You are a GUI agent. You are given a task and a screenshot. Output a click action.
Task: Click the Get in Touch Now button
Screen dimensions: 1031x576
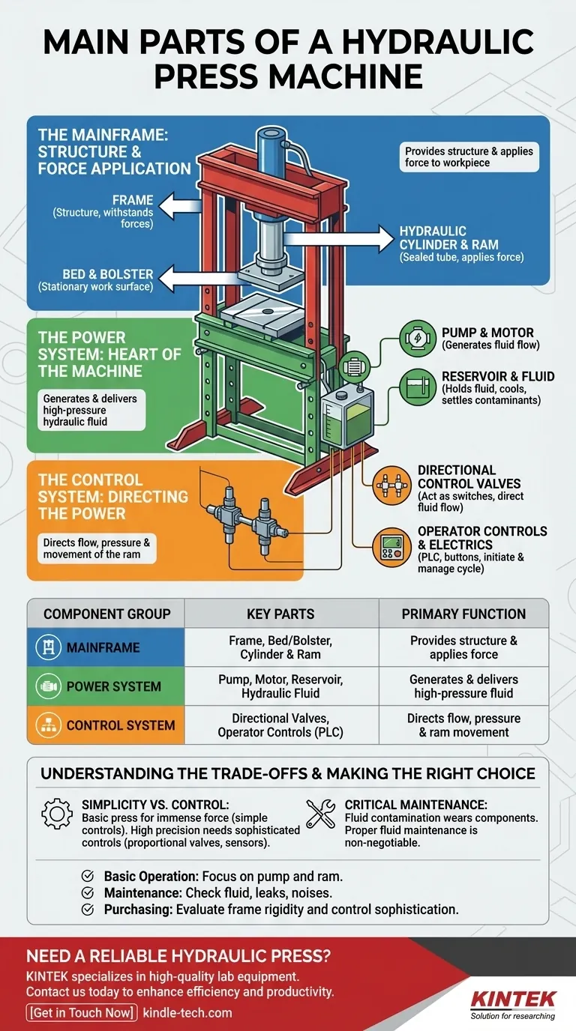tap(82, 1013)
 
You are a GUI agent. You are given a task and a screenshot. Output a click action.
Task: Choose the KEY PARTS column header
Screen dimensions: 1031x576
tap(280, 614)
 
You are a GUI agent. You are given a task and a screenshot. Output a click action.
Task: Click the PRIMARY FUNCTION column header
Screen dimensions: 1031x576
tap(463, 614)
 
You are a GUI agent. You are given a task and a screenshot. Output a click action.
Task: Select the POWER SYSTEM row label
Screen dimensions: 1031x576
tap(113, 686)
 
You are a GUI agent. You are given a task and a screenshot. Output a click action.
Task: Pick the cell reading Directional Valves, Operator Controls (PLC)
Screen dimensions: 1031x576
tap(280, 725)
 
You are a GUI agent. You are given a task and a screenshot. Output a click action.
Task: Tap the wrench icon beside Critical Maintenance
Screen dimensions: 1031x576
tap(321, 813)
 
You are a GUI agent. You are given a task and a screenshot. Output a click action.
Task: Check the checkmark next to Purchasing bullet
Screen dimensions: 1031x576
tap(88, 909)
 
